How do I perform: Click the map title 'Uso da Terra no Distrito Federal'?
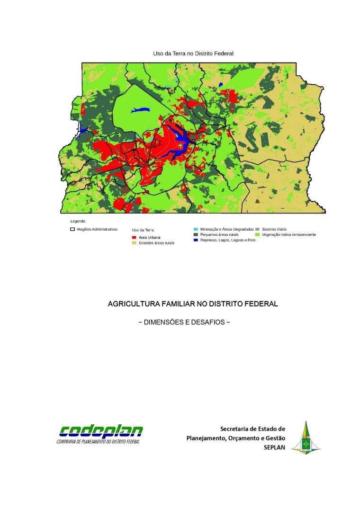[193, 54]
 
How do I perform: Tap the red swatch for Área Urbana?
[135, 237]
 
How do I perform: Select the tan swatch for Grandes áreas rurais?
[135, 242]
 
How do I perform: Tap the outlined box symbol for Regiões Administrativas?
[73, 229]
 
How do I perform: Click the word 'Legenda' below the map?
[78, 221]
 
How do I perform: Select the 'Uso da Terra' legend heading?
[143, 230]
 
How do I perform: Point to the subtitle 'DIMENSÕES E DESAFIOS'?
[184, 322]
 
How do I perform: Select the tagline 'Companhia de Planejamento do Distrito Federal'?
[98, 441]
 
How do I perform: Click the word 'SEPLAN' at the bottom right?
[274, 447]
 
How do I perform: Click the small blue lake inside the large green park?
[140, 110]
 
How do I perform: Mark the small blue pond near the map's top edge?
[221, 85]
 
